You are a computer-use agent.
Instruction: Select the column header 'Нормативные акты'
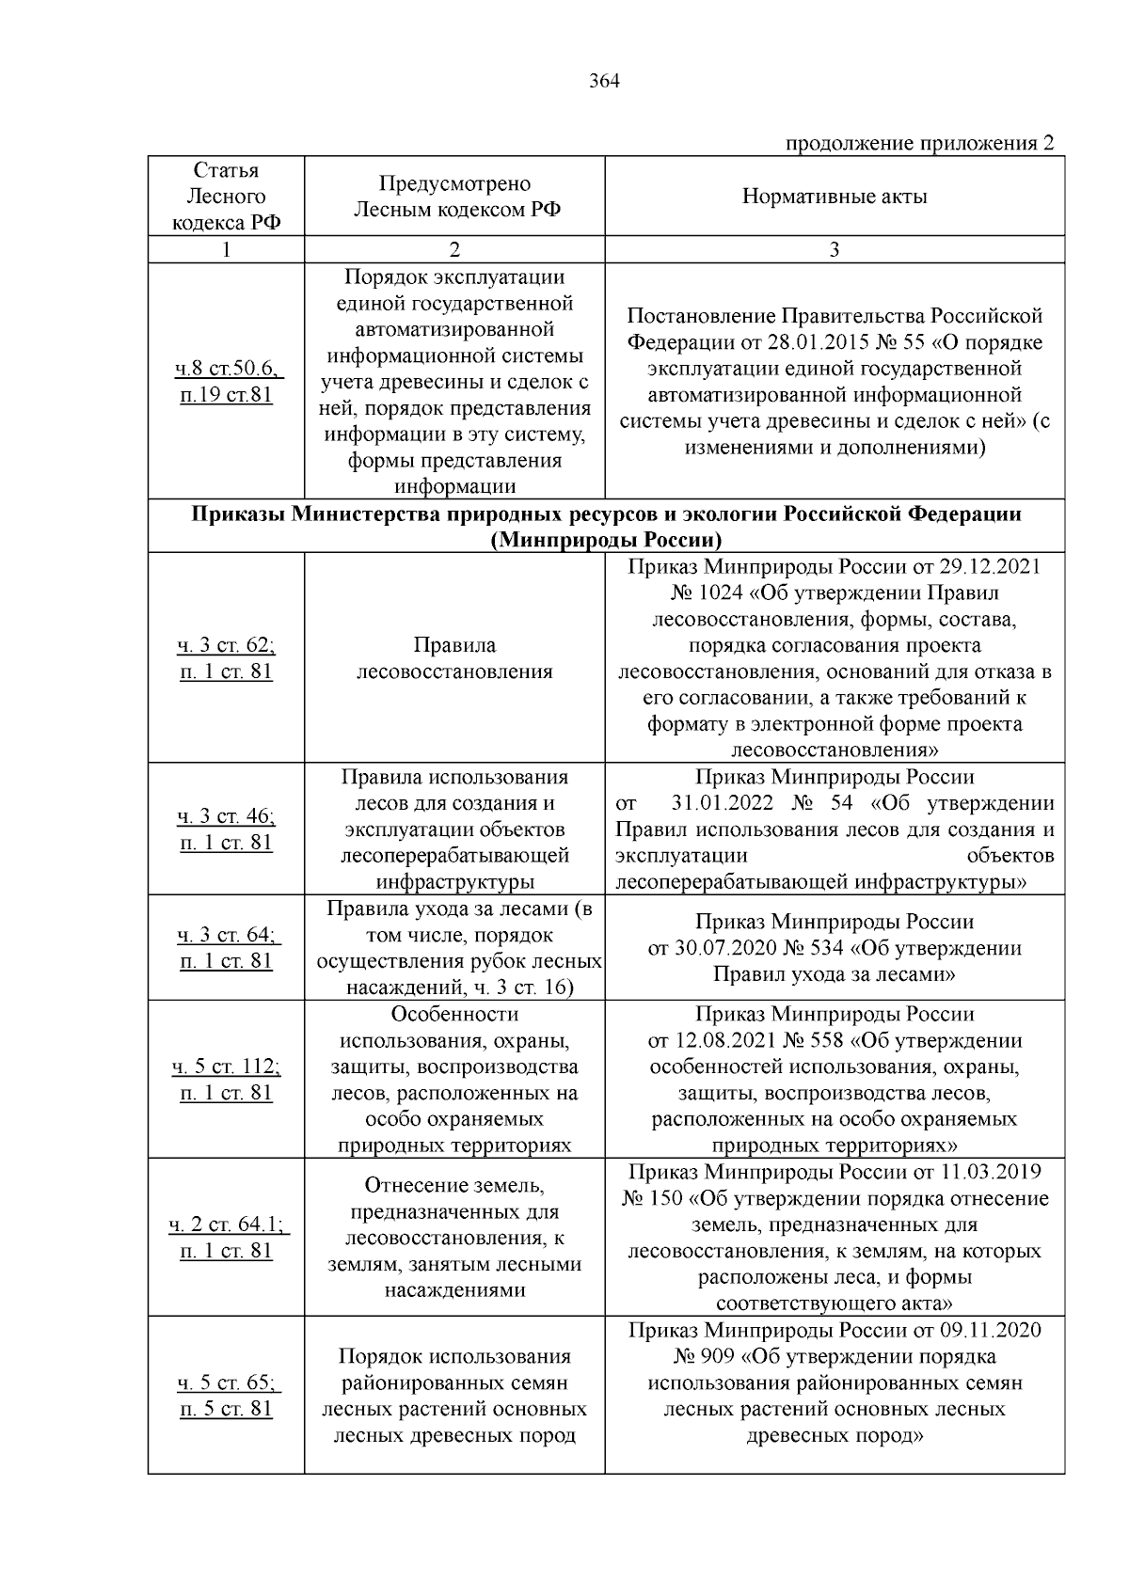(835, 197)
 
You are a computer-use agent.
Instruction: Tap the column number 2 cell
(454, 249)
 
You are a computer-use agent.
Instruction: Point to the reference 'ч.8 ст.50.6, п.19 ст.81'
(227, 382)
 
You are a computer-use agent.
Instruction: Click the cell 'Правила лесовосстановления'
(454, 658)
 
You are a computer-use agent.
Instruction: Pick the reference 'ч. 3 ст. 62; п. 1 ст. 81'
(227, 658)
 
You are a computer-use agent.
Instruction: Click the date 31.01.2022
(724, 804)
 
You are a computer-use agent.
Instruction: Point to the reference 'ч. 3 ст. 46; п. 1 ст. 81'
(227, 829)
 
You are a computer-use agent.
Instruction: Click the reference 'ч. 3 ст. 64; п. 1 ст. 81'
(227, 948)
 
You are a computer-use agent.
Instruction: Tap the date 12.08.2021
(721, 1041)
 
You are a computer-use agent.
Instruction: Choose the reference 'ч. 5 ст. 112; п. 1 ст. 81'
(227, 1080)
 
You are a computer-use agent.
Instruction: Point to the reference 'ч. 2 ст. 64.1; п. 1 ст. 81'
(227, 1238)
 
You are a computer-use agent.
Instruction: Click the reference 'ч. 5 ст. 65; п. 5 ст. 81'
(227, 1396)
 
